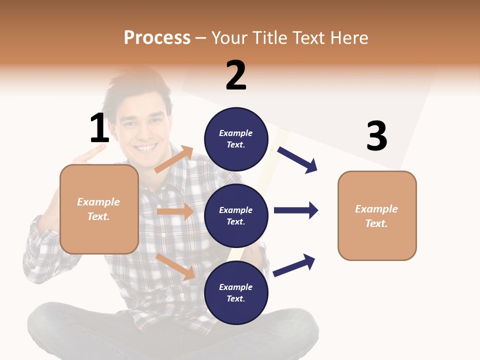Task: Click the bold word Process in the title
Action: (x=157, y=38)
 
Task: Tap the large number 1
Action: (x=99, y=128)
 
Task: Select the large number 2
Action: (x=236, y=75)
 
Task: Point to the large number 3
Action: (x=377, y=136)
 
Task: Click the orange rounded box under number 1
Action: (x=99, y=209)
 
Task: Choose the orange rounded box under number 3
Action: (x=377, y=215)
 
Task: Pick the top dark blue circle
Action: (x=236, y=139)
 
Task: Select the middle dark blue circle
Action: (x=236, y=215)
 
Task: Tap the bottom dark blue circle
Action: (x=236, y=292)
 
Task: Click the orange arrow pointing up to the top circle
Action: (x=174, y=159)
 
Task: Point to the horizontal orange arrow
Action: (x=175, y=211)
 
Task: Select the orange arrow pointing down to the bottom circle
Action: (x=175, y=266)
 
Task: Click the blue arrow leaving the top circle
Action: (x=297, y=159)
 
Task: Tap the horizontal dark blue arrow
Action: (x=296, y=210)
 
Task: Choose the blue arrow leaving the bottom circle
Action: (x=294, y=265)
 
